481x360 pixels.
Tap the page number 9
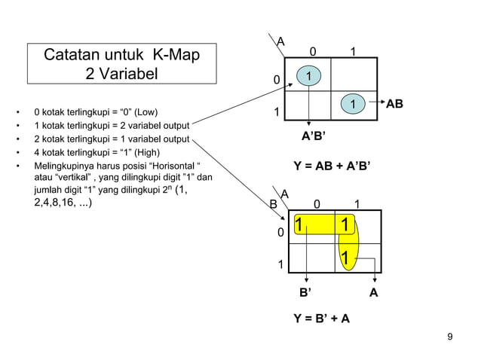450,336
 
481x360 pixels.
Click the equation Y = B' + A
321,319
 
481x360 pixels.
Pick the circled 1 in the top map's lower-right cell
352,103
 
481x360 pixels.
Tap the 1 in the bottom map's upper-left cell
299,225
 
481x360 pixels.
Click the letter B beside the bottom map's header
274,203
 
